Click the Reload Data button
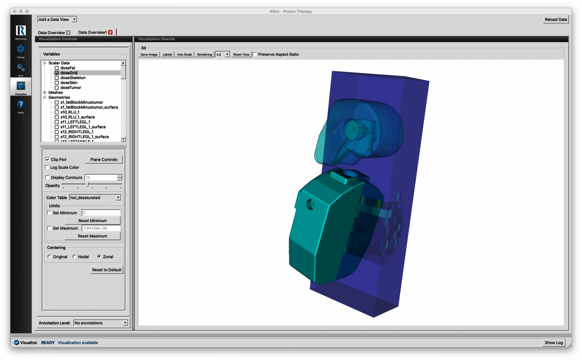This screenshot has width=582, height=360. pyautogui.click(x=555, y=19)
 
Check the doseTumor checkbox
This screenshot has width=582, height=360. pyautogui.click(x=57, y=88)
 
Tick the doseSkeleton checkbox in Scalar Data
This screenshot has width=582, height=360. pyautogui.click(x=57, y=78)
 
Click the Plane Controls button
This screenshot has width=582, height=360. pyautogui.click(x=103, y=160)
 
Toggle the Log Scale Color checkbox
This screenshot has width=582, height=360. pyautogui.click(x=47, y=167)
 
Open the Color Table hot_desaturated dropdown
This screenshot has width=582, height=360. pyautogui.click(x=95, y=197)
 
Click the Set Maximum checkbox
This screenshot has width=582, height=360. pyautogui.click(x=49, y=228)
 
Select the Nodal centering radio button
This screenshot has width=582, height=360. pyautogui.click(x=74, y=257)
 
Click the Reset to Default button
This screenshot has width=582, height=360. pyautogui.click(x=106, y=270)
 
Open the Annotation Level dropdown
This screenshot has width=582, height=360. pyautogui.click(x=101, y=323)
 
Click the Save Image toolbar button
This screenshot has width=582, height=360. pyautogui.click(x=149, y=55)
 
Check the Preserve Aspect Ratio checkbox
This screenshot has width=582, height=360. pyautogui.click(x=255, y=54)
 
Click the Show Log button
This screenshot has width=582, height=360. pyautogui.click(x=554, y=343)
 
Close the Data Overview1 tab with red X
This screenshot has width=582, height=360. pyautogui.click(x=110, y=32)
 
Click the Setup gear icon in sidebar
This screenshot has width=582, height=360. pyautogui.click(x=21, y=49)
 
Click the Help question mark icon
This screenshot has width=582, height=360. pyautogui.click(x=21, y=105)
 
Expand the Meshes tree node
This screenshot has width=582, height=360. pyautogui.click(x=45, y=92)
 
